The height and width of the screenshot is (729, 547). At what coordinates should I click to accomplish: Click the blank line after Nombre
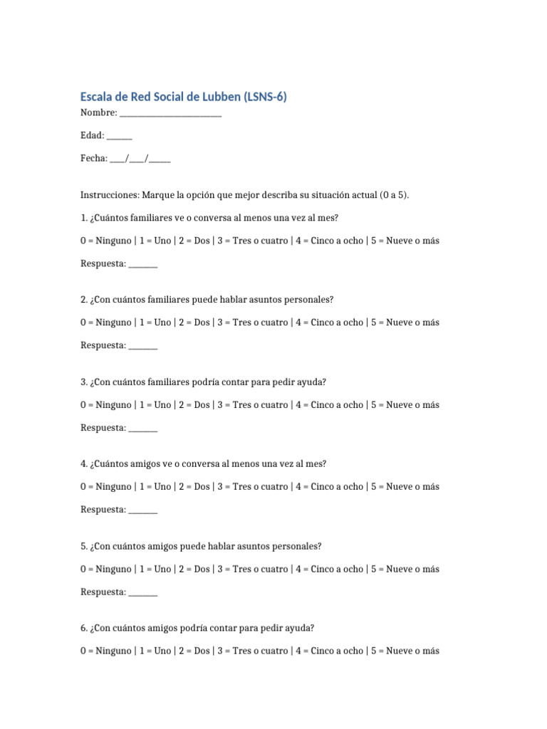(x=170, y=114)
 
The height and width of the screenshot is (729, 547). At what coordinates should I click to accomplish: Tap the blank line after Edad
(x=120, y=136)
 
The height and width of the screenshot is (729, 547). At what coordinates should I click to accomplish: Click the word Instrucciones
(x=110, y=195)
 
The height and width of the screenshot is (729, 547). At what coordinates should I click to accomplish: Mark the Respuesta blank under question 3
(x=143, y=429)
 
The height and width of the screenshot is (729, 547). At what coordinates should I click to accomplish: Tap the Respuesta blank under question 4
(x=143, y=510)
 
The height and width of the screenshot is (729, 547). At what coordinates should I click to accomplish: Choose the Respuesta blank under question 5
(x=143, y=592)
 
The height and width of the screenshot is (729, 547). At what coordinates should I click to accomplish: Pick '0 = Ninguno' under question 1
(x=105, y=241)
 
